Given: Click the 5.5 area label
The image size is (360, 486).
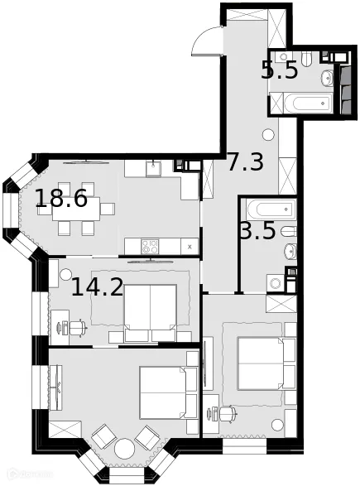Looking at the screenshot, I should tap(279, 70).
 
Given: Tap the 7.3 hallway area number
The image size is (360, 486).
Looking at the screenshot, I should tap(246, 162).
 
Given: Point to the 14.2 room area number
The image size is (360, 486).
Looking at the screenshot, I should tap(97, 287).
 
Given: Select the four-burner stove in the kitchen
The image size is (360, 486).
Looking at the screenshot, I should tap(151, 245).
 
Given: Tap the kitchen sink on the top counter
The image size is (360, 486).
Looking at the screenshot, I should tap(153, 168).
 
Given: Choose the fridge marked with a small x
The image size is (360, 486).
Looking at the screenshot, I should tap(190, 246).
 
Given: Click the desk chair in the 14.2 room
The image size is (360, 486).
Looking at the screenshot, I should tap(77, 328).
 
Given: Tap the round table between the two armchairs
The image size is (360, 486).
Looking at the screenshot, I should tap(124, 448).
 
